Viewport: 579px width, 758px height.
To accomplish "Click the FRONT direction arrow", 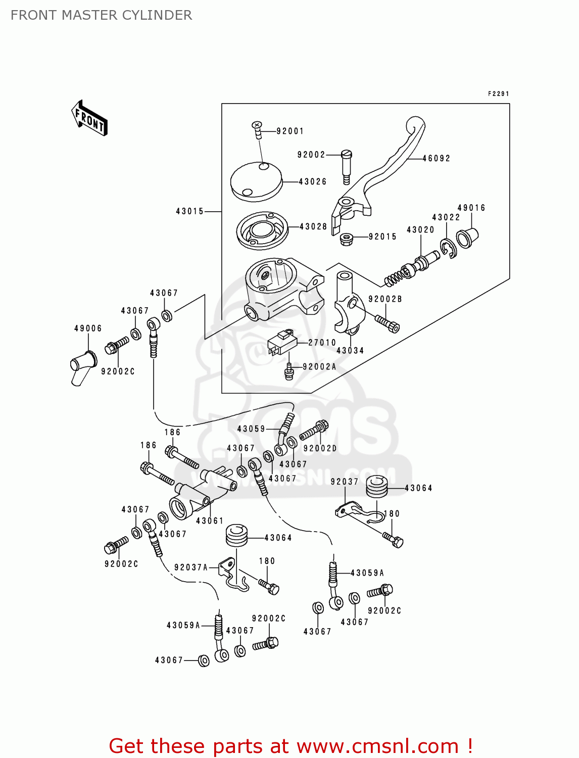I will tap(89, 118).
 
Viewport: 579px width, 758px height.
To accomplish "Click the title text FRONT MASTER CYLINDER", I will tap(101, 15).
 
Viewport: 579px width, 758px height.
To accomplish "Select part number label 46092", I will tap(436, 158).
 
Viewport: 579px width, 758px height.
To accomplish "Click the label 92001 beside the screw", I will tap(290, 131).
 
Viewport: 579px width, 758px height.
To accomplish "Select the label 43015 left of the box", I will tap(189, 211).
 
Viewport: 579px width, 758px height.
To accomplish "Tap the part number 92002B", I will tap(385, 299).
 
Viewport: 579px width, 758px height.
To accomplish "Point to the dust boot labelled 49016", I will tap(467, 238).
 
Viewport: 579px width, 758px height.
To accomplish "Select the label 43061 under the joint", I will tap(210, 520).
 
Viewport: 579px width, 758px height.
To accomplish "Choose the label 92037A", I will tap(191, 567).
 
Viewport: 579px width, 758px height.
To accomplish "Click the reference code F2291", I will tap(498, 94).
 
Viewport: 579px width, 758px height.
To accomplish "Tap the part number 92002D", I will tap(320, 448).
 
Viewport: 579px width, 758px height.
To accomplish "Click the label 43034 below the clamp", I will tap(350, 351).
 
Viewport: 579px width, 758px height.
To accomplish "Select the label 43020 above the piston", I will tap(420, 230).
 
